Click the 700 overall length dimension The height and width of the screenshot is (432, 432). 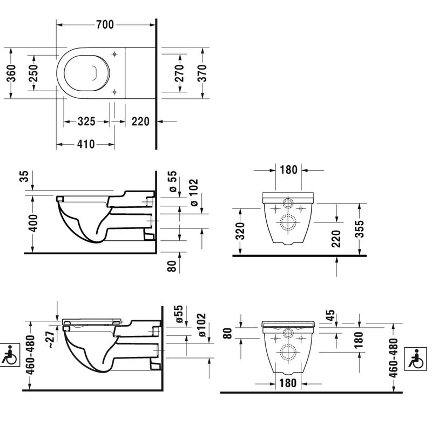[106, 24]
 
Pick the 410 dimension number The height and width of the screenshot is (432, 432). [85, 144]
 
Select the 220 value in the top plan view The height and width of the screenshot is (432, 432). [140, 122]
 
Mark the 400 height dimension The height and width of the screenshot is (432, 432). [34, 222]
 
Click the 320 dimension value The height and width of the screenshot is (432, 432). [241, 232]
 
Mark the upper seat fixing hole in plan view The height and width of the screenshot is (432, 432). [115, 53]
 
